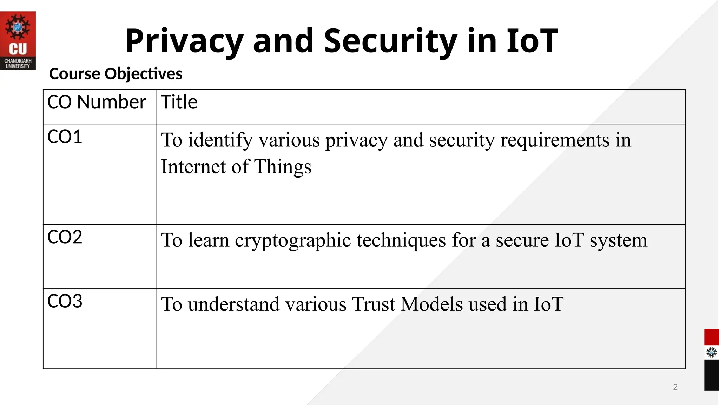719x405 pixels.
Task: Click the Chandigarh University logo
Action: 18,40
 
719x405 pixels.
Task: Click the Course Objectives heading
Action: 116,74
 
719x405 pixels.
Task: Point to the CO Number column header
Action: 97,102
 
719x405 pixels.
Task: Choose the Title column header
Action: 179,102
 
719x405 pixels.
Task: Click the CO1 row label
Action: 65,137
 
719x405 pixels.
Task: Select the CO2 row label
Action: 65,237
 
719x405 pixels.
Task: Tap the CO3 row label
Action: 65,301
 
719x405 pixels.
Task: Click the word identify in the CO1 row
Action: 220,140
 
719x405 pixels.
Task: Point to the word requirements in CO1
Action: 555,140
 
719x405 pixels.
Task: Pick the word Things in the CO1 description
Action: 283,167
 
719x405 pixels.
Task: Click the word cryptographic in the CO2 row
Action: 293,241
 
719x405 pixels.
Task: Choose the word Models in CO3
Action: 432,304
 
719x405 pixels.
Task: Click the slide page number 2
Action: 675,387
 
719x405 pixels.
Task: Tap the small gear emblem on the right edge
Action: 711,352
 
